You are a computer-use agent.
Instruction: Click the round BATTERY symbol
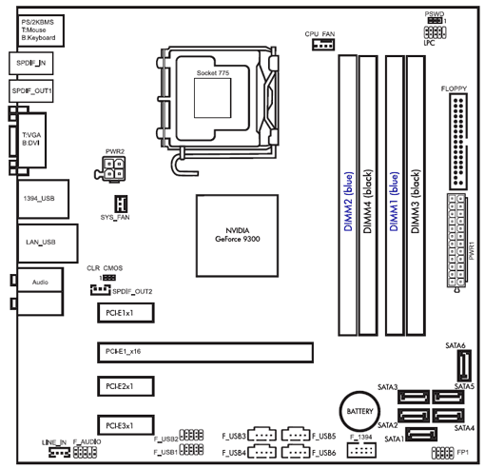359,410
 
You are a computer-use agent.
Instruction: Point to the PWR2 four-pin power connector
112,170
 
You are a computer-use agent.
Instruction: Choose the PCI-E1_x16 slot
205,353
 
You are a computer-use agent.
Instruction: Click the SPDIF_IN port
31,63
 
